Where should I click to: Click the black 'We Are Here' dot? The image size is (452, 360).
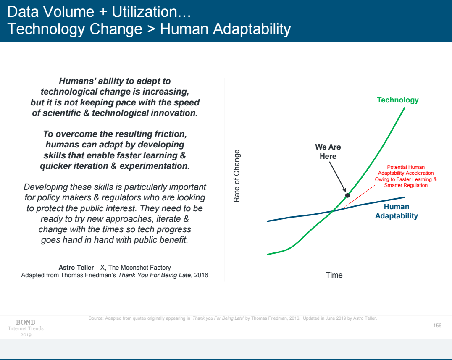tap(347, 195)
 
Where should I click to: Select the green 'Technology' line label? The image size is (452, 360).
tap(397, 100)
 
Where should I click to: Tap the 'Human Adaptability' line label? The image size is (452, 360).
tap(396, 211)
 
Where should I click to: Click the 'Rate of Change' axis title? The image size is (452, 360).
tap(237, 176)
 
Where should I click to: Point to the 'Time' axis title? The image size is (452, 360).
tap(334, 275)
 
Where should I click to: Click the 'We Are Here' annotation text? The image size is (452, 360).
tap(328, 152)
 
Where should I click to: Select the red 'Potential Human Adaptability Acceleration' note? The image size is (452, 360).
tap(406, 176)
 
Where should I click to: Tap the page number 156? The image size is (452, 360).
tap(437, 326)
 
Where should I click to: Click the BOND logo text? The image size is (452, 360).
tap(26, 322)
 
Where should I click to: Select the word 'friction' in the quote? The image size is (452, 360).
tap(169, 134)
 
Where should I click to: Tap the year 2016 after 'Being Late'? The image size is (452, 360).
tap(201, 275)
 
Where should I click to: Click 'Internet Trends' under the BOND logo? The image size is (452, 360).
tap(26, 328)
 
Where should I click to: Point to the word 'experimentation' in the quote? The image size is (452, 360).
tap(154, 166)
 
